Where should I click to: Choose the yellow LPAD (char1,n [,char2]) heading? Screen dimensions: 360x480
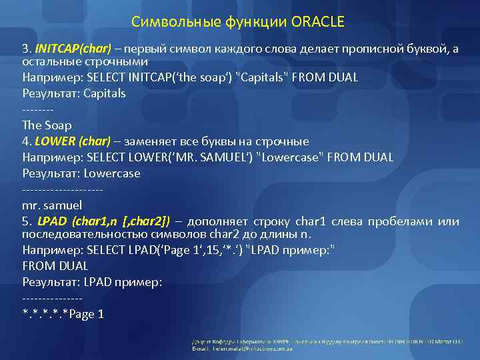pyautogui.click(x=104, y=221)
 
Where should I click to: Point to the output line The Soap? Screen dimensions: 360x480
pyautogui.click(x=47, y=125)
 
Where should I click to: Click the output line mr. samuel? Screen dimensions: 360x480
pyautogui.click(x=52, y=205)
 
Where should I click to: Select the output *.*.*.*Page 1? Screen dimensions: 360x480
pyautogui.click(x=63, y=314)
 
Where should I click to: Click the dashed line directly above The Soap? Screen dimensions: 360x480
pyautogui.click(x=37, y=109)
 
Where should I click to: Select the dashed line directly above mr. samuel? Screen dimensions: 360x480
pyautogui.click(x=63, y=189)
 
